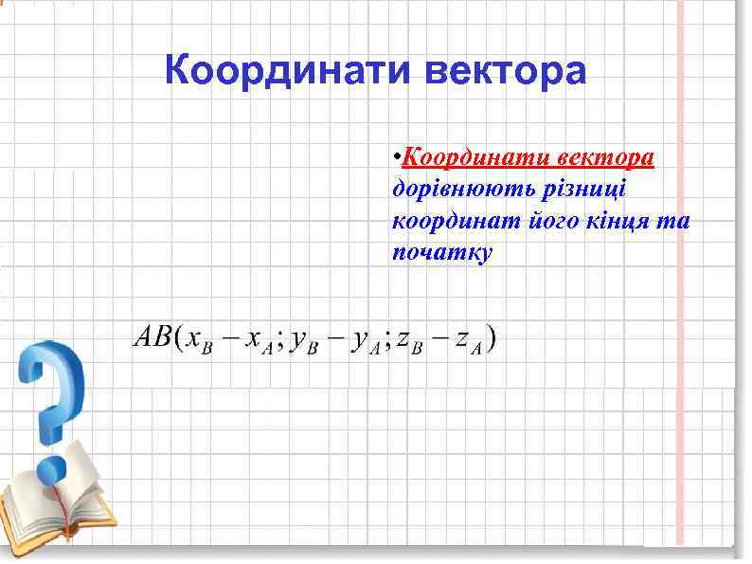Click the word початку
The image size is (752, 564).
click(441, 254)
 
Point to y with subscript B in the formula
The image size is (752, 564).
click(304, 342)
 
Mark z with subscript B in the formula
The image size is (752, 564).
click(409, 341)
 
